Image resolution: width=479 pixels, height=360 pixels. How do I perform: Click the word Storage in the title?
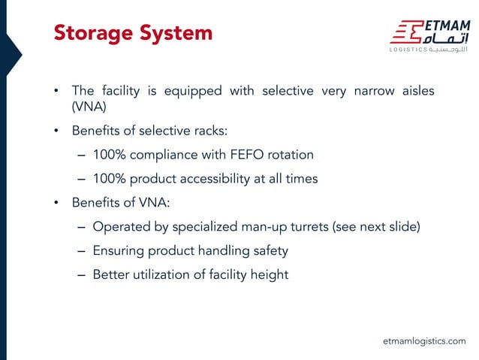coord(94,33)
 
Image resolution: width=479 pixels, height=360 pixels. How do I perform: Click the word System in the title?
coord(178,33)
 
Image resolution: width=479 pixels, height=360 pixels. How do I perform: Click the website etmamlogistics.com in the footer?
coord(424,341)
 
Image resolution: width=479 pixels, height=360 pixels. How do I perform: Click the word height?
coord(269,275)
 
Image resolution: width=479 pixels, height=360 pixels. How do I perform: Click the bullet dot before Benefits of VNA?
coord(55,204)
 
